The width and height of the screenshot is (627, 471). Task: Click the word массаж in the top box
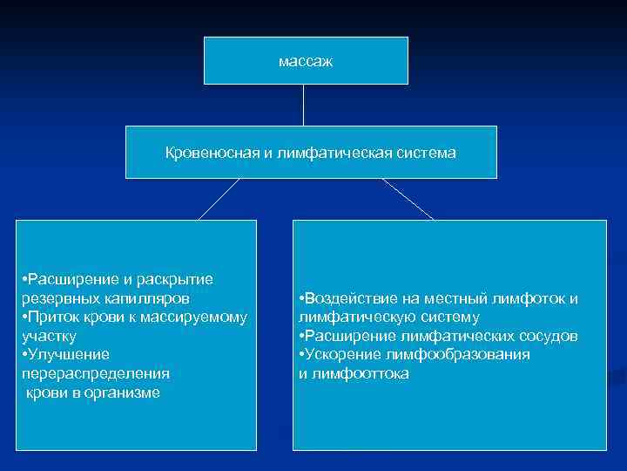[x=306, y=62]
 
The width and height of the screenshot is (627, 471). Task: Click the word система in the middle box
[x=425, y=154]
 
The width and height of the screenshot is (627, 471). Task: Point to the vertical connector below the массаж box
[x=303, y=105]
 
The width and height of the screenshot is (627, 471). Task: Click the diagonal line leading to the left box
[x=219, y=199]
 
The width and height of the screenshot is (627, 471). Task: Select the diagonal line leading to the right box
[x=408, y=199]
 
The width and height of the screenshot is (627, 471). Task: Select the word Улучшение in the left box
[x=68, y=355]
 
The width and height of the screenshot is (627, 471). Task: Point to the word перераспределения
[x=94, y=373]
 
